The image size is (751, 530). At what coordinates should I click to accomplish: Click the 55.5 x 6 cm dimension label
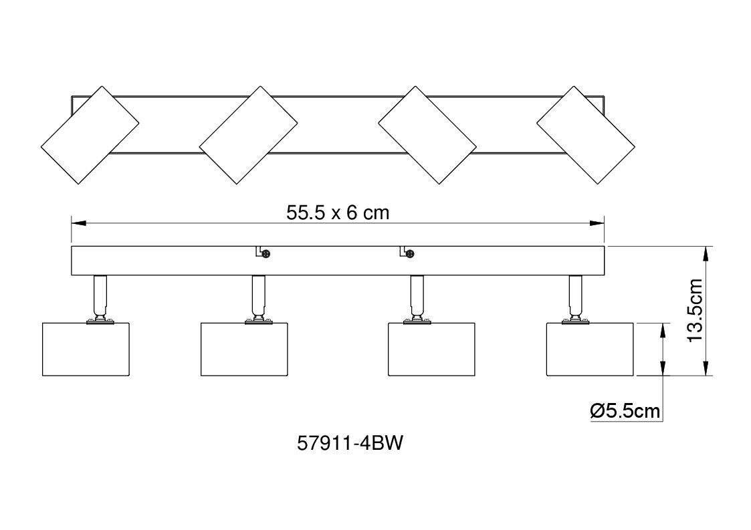click(338, 213)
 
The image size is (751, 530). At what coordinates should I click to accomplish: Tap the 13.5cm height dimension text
click(694, 310)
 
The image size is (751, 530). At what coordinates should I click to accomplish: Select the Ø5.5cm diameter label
click(625, 411)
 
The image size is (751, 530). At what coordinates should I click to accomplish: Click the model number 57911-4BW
click(350, 443)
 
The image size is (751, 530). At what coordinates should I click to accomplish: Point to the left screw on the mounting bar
click(265, 254)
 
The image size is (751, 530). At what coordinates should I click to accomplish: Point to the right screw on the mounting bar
click(409, 254)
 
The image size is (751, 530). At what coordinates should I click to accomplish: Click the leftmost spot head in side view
click(86, 349)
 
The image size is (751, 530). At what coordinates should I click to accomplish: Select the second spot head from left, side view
click(244, 349)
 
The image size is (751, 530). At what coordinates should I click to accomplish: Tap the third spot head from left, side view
click(431, 349)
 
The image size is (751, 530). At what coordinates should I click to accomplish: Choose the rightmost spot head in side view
click(590, 349)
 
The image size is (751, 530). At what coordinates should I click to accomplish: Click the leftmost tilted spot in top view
click(90, 135)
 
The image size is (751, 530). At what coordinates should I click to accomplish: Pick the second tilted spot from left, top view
click(248, 135)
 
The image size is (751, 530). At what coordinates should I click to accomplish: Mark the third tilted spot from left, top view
click(427, 135)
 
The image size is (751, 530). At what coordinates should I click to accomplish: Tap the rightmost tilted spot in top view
click(586, 135)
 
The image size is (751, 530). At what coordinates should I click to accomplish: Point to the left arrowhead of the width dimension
click(78, 223)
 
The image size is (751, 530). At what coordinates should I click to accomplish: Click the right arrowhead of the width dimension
click(597, 223)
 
